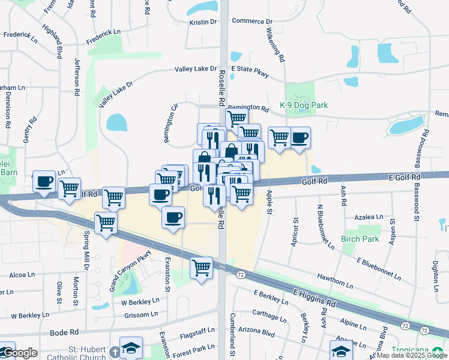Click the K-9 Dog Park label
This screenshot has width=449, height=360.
[304, 105]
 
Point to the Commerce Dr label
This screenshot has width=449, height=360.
[252, 21]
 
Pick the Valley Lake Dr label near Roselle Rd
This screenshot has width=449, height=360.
[195, 69]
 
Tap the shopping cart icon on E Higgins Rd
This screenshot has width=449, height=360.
[202, 266]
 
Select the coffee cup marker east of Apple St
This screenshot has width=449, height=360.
[300, 137]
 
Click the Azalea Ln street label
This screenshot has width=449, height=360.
[369, 217]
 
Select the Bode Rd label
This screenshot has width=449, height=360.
[64, 332]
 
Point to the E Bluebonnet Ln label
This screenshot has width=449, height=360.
[378, 269]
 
